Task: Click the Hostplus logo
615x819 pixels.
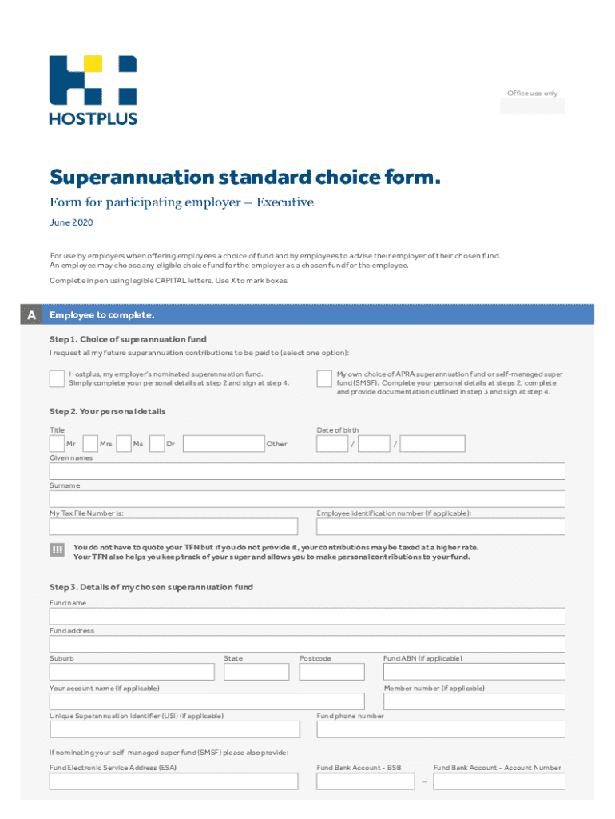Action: (93, 90)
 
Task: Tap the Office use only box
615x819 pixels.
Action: (532, 106)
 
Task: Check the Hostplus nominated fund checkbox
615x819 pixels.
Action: (57, 378)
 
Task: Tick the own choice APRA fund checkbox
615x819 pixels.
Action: (324, 378)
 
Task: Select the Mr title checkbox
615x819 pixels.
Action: (57, 443)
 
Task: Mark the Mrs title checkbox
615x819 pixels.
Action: (90, 443)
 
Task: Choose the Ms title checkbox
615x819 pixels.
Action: (123, 443)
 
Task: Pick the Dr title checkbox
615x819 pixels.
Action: (157, 443)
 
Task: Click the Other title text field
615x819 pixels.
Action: (223, 443)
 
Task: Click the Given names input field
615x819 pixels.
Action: (307, 471)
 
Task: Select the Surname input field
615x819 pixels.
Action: (307, 499)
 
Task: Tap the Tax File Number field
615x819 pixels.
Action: (173, 526)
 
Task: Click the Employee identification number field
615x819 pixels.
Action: (440, 526)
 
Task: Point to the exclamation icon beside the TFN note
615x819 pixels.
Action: (57, 550)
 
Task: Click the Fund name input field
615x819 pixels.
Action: (307, 616)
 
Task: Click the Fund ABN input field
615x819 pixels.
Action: (474, 672)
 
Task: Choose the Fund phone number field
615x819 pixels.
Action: (440, 729)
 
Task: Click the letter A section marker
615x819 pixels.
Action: (31, 315)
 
